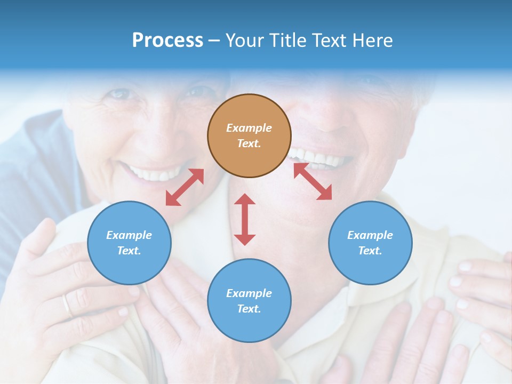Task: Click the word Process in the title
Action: pyautogui.click(x=167, y=41)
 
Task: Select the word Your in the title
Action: pyautogui.click(x=246, y=41)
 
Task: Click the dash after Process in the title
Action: pyautogui.click(x=214, y=41)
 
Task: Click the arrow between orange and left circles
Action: pyautogui.click(x=185, y=187)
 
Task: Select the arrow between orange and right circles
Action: pyautogui.click(x=313, y=181)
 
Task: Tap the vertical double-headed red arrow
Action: pyautogui.click(x=245, y=219)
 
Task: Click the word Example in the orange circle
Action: pyautogui.click(x=249, y=128)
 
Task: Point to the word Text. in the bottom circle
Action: pyautogui.click(x=249, y=309)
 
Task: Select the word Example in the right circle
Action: pyautogui.click(x=370, y=235)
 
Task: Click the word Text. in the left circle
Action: pyautogui.click(x=129, y=251)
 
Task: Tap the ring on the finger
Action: pyautogui.click(x=67, y=306)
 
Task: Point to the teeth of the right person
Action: pyautogui.click(x=320, y=159)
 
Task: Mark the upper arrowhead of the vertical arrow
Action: pyautogui.click(x=245, y=199)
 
